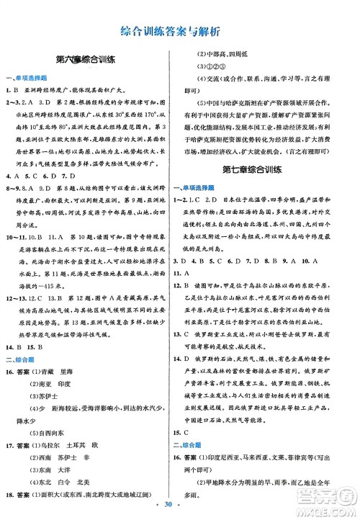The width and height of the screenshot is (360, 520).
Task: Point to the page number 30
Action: (x=180, y=508)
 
